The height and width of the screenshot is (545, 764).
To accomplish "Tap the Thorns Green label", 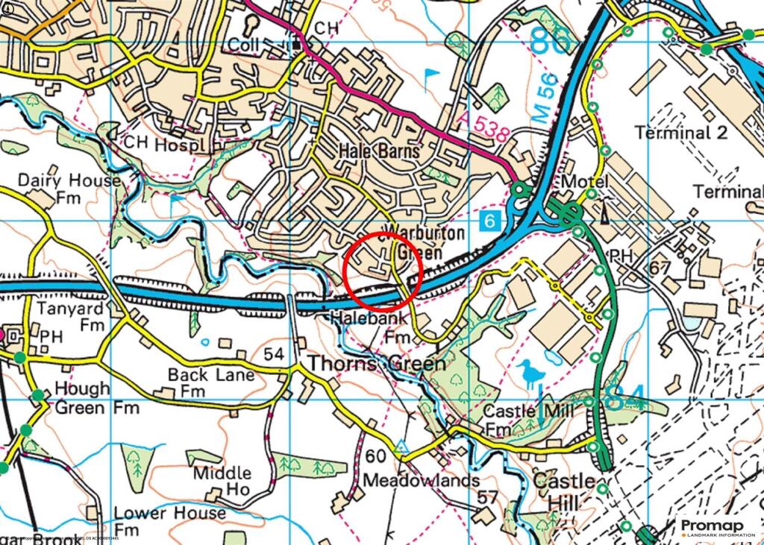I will pos(377,364).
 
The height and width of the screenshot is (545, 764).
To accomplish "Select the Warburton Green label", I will pos(424,243).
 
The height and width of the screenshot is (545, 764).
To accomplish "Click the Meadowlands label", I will pos(422,481).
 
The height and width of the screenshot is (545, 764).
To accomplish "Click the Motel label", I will pos(585,182).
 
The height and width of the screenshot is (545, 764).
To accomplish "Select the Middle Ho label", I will pos(222,482).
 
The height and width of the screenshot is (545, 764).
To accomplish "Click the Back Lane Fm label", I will pos(210,382).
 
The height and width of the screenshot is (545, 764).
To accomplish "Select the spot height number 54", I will pos(275,353).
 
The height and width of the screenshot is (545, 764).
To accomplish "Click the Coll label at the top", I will pos(244,45).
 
